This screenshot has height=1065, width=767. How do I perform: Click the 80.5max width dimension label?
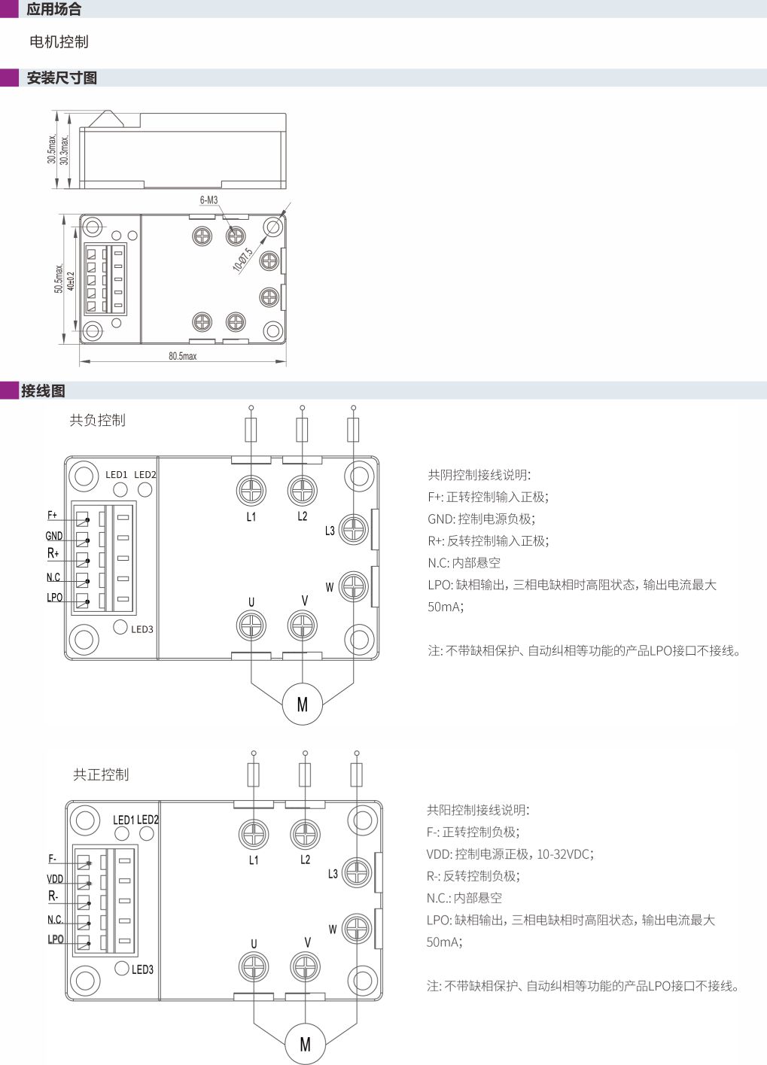(183, 356)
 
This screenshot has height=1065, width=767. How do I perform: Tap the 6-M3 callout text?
(208, 200)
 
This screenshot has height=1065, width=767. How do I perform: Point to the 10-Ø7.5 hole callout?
(242, 260)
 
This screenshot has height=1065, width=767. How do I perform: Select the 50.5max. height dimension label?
(59, 278)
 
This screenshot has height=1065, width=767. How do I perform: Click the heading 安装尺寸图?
(62, 78)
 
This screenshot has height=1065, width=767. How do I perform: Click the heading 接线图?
(43, 391)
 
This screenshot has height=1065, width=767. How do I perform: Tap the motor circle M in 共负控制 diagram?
(303, 704)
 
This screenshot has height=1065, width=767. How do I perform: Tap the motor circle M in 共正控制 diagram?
(306, 1044)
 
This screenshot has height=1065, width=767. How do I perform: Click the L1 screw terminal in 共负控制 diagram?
(251, 490)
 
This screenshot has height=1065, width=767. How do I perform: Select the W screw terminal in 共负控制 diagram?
(353, 586)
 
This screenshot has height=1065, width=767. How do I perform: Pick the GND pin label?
(54, 536)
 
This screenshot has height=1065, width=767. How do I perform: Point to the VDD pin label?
(55, 878)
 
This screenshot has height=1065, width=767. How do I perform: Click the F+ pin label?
(52, 515)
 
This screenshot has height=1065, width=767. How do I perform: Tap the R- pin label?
(53, 896)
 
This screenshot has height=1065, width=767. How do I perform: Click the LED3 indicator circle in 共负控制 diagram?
(120, 627)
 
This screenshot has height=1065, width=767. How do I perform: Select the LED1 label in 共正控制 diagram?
(123, 820)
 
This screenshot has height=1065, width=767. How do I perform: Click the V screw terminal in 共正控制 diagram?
(305, 966)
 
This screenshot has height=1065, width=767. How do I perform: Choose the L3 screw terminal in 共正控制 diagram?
(357, 872)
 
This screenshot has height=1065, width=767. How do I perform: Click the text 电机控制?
(59, 42)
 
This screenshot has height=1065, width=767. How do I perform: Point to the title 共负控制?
(98, 420)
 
